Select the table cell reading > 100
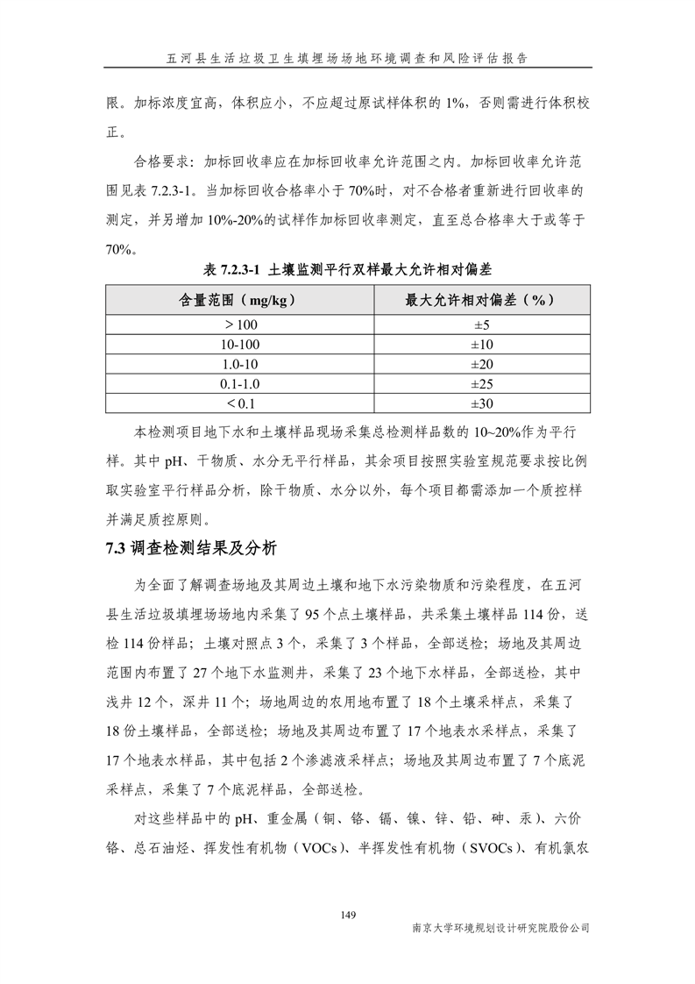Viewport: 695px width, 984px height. click(240, 324)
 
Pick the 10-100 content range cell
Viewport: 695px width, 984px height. click(240, 344)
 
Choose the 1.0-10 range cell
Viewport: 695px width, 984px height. click(240, 364)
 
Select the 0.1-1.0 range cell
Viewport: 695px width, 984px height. click(240, 384)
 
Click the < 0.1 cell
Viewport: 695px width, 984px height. click(240, 403)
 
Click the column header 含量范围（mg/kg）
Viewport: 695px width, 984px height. click(240, 300)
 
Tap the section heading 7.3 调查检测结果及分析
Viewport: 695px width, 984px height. click(191, 550)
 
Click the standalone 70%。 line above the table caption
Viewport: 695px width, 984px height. click(121, 249)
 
